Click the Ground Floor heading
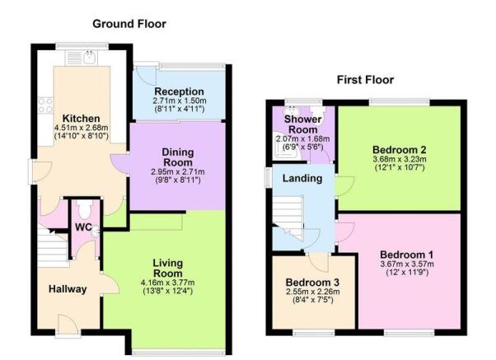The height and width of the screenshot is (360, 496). click(129, 24)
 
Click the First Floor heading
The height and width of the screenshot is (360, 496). click(365, 80)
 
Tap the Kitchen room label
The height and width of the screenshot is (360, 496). click(82, 119)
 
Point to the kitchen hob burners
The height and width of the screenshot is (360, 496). click(45, 105)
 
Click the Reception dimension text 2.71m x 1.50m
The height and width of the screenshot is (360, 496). click(180, 101)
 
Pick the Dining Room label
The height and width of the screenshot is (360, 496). click(178, 157)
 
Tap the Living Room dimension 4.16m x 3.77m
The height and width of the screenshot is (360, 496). click(168, 283)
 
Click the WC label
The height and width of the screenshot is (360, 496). click(83, 227)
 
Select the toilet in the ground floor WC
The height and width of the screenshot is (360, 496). click(85, 208)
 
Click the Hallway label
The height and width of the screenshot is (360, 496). click(68, 289)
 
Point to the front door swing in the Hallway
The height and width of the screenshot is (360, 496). click(68, 323)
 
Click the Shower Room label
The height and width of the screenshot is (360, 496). click(302, 124)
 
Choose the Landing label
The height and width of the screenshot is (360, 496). click(302, 179)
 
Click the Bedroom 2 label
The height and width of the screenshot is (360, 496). click(400, 150)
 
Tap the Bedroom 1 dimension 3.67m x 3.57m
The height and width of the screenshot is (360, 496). click(407, 264)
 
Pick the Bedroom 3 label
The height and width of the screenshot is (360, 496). click(312, 283)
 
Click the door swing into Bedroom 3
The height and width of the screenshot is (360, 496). click(319, 263)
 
